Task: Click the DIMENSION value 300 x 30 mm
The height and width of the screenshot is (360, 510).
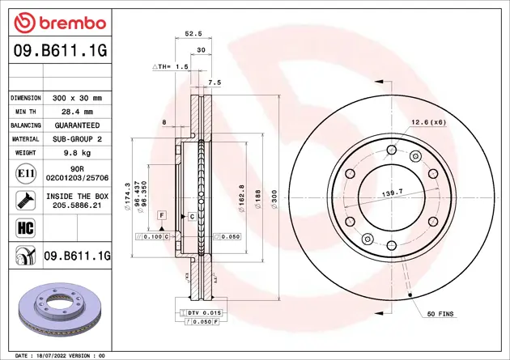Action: click(72, 97)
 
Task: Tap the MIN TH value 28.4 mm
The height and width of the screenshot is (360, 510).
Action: click(72, 112)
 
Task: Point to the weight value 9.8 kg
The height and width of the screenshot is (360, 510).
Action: click(72, 153)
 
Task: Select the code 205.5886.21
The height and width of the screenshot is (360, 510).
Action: click(78, 205)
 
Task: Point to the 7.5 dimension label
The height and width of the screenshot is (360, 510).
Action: click(215, 83)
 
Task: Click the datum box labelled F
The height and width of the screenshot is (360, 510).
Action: click(162, 216)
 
